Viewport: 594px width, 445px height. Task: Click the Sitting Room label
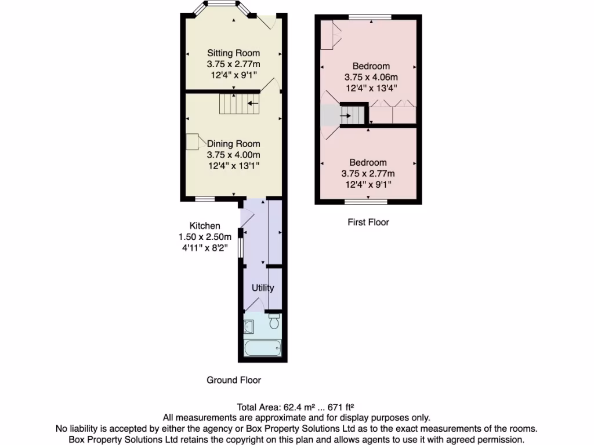coord(233,53)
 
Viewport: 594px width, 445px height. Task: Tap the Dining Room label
coord(233,144)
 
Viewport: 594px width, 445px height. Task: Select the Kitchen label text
coord(205,225)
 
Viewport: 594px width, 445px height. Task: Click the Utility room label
coord(262,288)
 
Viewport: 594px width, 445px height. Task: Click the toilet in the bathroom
coord(274,321)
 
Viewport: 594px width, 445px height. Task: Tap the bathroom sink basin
coord(249,327)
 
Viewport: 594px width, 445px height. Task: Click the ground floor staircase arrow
coord(253,104)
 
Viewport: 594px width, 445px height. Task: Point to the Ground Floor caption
coord(234,380)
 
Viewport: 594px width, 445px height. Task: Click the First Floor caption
coord(368,222)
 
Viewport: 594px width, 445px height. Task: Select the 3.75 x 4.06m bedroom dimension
coord(371,77)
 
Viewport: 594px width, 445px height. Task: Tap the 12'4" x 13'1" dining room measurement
coord(233,166)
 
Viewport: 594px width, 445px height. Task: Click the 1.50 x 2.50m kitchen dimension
coord(205,236)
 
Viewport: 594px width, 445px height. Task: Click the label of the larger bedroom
coord(371,66)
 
